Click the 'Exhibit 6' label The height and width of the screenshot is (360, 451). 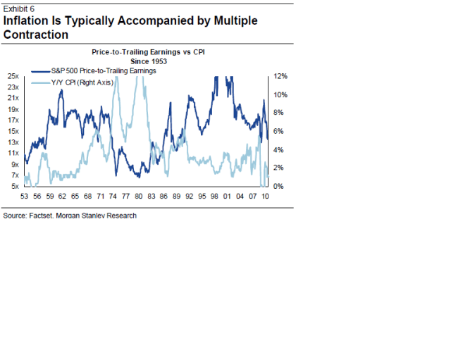click(19, 8)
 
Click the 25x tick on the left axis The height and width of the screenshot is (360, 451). click(13, 76)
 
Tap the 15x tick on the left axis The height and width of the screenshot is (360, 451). click(13, 131)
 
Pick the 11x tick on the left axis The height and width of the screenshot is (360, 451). click(13, 153)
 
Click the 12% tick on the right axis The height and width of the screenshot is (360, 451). click(280, 76)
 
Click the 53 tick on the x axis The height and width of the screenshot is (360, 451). click(25, 196)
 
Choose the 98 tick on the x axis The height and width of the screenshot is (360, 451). click(214, 196)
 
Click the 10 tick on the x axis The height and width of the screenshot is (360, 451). click(266, 196)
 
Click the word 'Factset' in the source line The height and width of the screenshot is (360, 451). click(44, 216)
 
